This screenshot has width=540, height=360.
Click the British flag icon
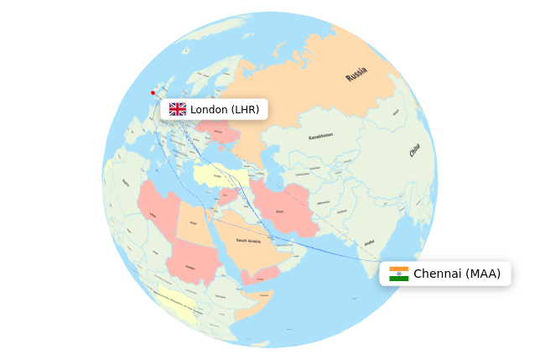tap(177, 109)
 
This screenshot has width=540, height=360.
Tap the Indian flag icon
tap(399, 274)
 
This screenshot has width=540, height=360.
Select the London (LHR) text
tap(225, 109)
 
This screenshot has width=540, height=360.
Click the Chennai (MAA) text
tap(457, 274)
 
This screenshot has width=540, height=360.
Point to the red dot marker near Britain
tap(153, 92)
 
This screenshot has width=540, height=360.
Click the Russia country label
tap(356, 75)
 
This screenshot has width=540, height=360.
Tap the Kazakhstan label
tap(320, 136)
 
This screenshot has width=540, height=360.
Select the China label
tap(414, 151)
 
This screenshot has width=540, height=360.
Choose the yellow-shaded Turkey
tap(220, 175)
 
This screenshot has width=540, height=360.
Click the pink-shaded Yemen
tap(259, 275)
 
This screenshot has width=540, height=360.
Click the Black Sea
tap(220, 157)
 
